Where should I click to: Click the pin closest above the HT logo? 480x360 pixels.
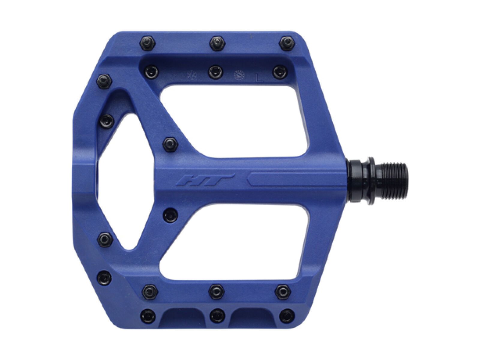170,144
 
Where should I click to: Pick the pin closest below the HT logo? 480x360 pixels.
170,214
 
